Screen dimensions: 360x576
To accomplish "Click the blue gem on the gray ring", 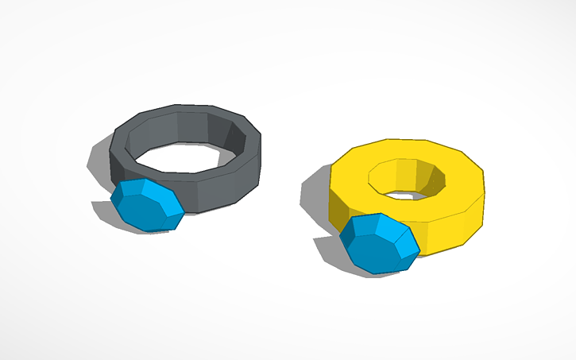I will tap(147, 205).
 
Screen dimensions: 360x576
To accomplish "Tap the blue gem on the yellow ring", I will tap(378, 242).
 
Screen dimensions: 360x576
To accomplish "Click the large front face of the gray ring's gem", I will tap(143, 210).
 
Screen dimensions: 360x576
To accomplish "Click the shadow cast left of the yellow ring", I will tap(314, 199).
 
